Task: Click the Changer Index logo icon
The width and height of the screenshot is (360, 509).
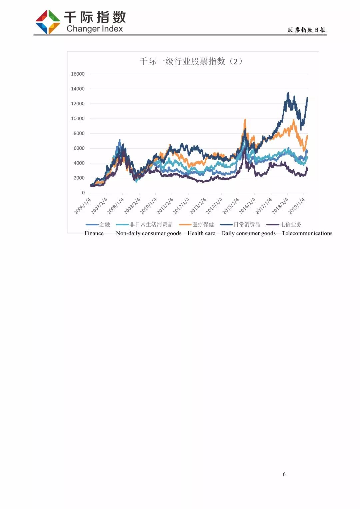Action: [48, 22]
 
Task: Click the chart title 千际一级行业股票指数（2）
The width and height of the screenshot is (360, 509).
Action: [191, 61]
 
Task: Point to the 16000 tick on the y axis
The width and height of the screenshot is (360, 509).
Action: [78, 74]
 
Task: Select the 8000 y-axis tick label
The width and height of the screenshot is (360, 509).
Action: [79, 133]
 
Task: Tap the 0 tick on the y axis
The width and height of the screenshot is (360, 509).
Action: [83, 193]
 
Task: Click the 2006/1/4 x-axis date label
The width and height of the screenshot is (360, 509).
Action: [82, 206]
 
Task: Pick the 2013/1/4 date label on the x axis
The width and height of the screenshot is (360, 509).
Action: [198, 206]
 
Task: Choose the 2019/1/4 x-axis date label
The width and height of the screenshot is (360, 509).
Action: [296, 206]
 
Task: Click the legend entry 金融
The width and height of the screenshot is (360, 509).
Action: [104, 225]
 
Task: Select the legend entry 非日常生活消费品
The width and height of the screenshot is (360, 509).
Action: [151, 225]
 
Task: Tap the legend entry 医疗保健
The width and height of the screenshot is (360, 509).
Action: [203, 225]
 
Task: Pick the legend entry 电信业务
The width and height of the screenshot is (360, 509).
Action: [291, 225]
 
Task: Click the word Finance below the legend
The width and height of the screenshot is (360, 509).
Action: [94, 233]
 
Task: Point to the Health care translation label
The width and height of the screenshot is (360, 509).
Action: [201, 233]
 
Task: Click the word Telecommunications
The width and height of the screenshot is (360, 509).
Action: [307, 233]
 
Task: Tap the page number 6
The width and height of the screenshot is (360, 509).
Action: [284, 474]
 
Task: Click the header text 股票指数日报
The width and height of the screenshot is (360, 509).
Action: [307, 30]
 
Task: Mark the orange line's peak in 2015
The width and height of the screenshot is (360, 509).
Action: [245, 119]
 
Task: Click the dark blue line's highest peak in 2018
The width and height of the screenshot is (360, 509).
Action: [288, 93]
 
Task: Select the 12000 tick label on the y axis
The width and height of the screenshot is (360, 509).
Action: [78, 104]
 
